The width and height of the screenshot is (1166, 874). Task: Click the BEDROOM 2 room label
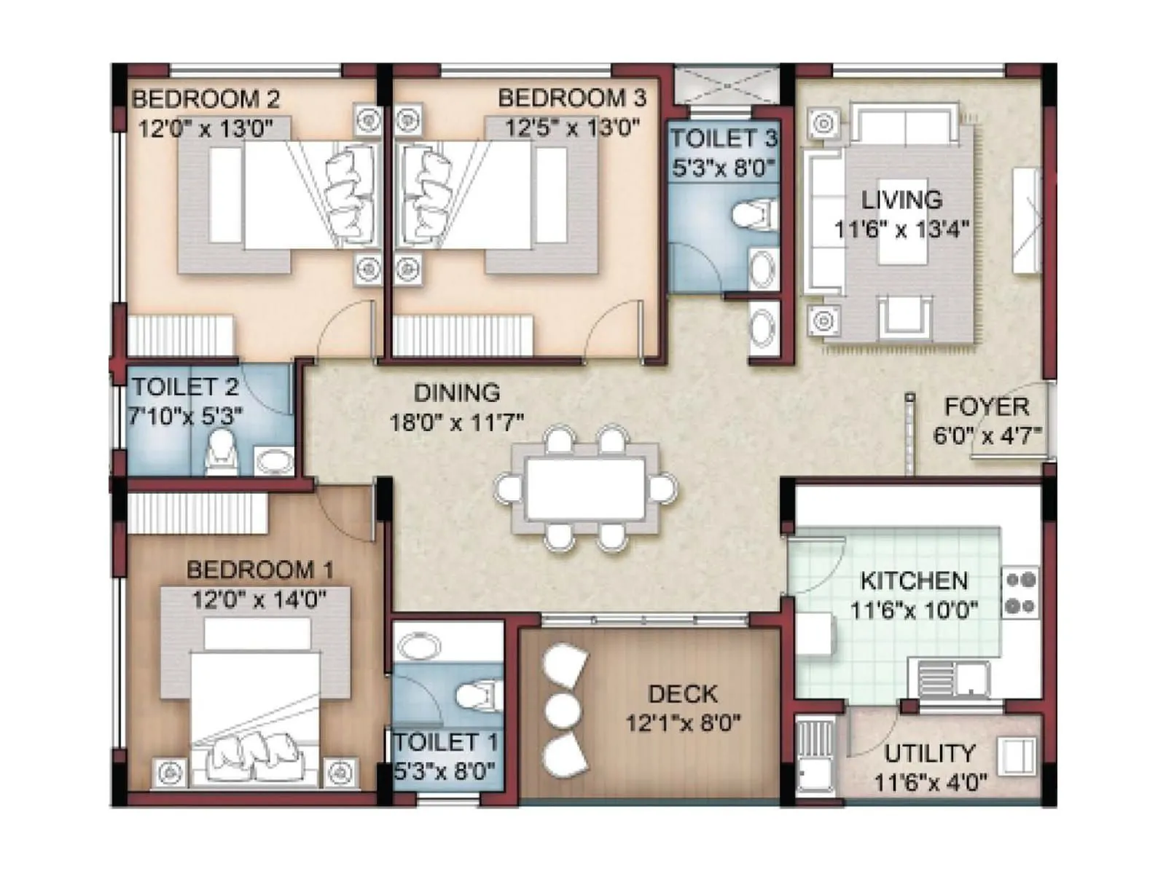[206, 98]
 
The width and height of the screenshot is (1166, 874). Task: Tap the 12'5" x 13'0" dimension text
[572, 127]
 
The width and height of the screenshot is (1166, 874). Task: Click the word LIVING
[901, 200]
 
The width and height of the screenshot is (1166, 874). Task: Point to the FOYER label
[986, 406]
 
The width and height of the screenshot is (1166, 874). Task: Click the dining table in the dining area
[585, 488]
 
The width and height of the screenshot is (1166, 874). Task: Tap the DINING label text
[457, 393]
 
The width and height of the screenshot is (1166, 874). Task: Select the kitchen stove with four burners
[1020, 592]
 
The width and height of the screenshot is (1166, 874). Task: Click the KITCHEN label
[914, 580]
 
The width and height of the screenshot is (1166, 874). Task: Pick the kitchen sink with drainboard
[951, 680]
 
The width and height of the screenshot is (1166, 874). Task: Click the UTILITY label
[929, 753]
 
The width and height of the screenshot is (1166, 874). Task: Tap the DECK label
[682, 694]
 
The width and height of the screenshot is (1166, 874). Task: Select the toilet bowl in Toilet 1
[477, 695]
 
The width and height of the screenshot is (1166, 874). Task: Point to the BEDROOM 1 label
[259, 570]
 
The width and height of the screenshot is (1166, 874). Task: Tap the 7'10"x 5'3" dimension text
[185, 416]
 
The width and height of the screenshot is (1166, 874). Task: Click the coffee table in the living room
[902, 222]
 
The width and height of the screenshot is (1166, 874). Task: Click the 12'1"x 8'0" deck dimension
[683, 723]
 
